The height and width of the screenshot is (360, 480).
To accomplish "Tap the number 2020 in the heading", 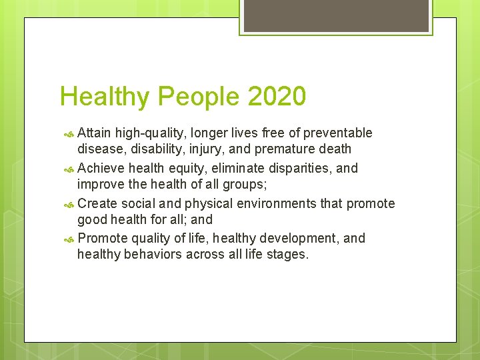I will (277, 97).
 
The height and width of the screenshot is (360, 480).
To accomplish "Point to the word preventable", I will (338, 133).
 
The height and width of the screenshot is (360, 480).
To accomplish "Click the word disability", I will (153, 149).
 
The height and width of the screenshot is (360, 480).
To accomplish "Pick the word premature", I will (282, 149).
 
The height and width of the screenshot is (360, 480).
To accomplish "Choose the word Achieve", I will (101, 168).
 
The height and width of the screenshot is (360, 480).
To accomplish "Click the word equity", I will (188, 168).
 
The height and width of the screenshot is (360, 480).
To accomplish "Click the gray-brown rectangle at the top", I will (335, 15).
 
